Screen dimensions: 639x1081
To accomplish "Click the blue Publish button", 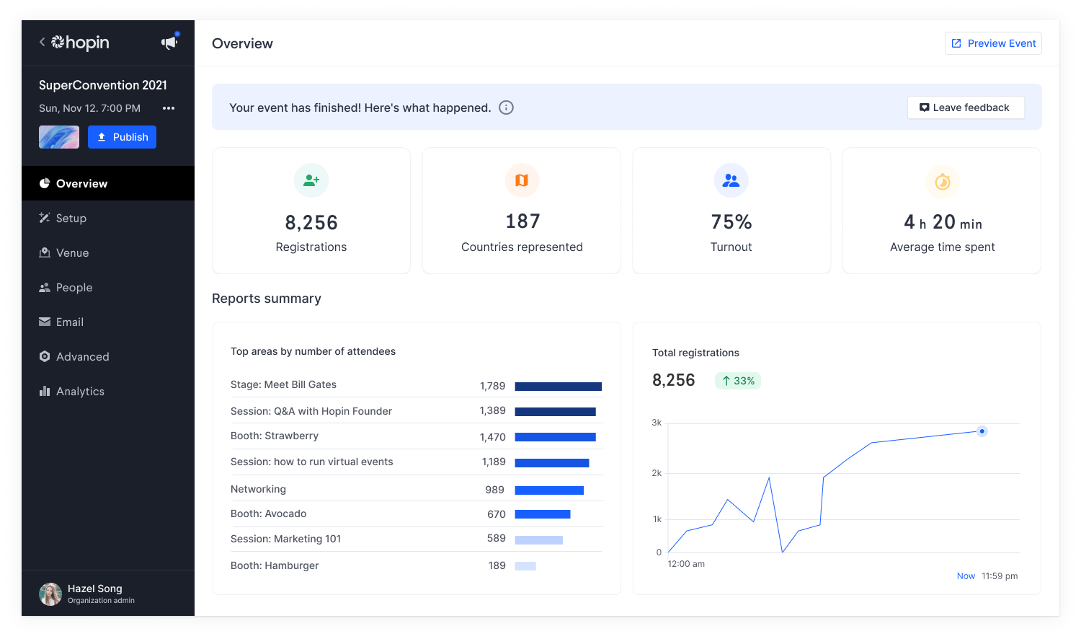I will click(x=122, y=137).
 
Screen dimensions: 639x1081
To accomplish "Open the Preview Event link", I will click(x=993, y=43).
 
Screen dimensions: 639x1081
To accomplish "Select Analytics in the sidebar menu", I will click(x=80, y=392).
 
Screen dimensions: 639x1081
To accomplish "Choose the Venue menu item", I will click(x=72, y=253).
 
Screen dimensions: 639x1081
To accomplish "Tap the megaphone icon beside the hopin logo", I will click(x=169, y=43).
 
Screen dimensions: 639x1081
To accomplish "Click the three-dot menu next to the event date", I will click(x=169, y=108).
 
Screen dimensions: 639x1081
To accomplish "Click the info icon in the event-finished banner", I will click(x=507, y=107).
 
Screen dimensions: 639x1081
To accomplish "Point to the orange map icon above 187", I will click(x=522, y=180).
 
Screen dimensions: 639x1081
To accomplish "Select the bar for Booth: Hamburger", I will click(x=525, y=566).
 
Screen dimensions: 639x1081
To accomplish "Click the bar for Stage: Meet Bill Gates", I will click(x=558, y=387).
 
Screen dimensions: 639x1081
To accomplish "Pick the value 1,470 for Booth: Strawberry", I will click(x=492, y=437).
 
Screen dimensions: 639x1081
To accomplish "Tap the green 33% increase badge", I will click(x=738, y=381).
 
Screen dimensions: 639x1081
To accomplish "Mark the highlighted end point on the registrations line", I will click(x=982, y=431).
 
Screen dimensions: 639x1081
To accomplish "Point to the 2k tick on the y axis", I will click(x=657, y=473).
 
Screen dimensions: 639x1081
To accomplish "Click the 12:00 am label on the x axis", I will click(x=686, y=564).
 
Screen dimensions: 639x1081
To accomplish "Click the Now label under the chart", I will click(x=966, y=576).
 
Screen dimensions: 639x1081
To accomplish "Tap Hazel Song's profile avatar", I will click(x=50, y=594).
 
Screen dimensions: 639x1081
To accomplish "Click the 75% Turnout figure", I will click(x=731, y=222).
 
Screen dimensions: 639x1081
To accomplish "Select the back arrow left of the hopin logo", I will click(x=42, y=43).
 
